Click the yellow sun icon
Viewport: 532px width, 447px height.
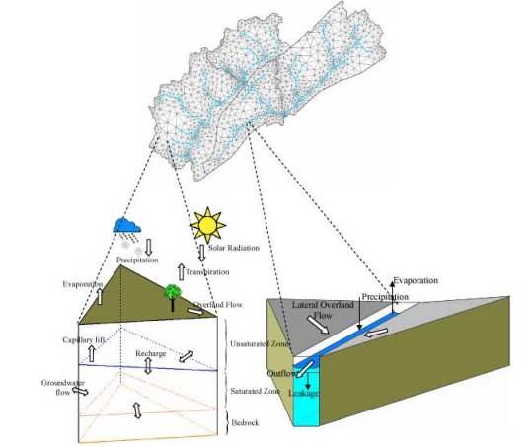click(x=208, y=225)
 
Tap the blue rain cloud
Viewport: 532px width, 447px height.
click(x=126, y=226)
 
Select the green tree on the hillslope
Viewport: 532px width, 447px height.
click(x=173, y=296)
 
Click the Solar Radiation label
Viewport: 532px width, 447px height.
click(x=234, y=248)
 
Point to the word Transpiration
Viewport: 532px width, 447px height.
click(x=207, y=272)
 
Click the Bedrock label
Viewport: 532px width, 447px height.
click(x=245, y=423)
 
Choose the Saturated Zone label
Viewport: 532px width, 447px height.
click(x=255, y=391)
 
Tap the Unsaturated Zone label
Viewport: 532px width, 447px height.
click(x=260, y=344)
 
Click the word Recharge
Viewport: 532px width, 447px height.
click(x=151, y=353)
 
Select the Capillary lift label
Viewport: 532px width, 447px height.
click(x=84, y=339)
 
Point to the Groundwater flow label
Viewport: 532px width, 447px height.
click(x=63, y=388)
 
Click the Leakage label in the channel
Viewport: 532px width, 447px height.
click(x=303, y=393)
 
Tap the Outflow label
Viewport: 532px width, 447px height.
click(x=281, y=374)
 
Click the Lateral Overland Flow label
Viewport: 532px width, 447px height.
click(x=323, y=310)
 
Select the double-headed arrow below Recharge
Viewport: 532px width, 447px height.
click(x=148, y=366)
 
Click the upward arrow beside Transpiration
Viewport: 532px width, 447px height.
click(x=182, y=272)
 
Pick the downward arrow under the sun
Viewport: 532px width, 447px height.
click(x=202, y=253)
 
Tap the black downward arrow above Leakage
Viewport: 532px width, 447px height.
click(x=308, y=381)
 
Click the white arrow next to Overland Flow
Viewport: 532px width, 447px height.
click(x=195, y=311)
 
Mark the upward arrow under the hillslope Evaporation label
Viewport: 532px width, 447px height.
click(x=100, y=296)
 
